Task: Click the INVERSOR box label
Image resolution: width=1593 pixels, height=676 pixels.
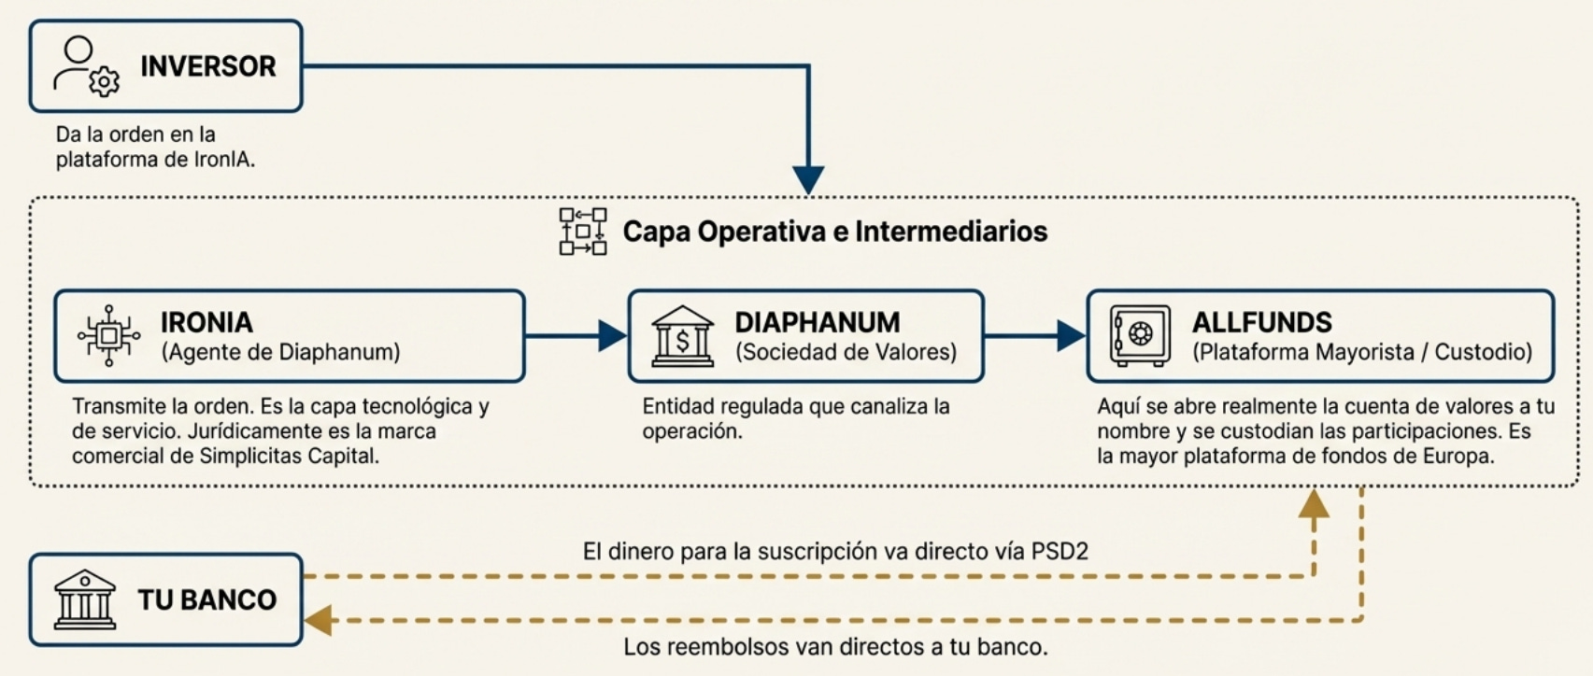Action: pyautogui.click(x=207, y=66)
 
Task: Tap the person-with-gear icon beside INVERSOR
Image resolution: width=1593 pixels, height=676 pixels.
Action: pyautogui.click(x=87, y=66)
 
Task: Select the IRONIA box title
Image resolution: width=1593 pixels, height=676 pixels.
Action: pyautogui.click(x=206, y=322)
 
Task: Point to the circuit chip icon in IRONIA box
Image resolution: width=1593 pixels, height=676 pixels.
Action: pyautogui.click(x=108, y=335)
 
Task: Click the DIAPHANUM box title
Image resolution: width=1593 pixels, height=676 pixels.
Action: pyautogui.click(x=817, y=322)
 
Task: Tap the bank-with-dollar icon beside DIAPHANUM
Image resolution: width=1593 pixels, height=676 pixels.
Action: pyautogui.click(x=682, y=335)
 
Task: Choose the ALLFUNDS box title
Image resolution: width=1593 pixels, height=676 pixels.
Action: pyautogui.click(x=1261, y=322)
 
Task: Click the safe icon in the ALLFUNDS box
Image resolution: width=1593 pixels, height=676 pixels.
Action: pyautogui.click(x=1140, y=335)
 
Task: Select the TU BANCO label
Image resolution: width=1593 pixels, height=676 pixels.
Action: pyautogui.click(x=207, y=599)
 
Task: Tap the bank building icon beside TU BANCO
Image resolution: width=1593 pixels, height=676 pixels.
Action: pyautogui.click(x=85, y=599)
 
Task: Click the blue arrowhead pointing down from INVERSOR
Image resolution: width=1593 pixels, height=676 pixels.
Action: pyautogui.click(x=808, y=179)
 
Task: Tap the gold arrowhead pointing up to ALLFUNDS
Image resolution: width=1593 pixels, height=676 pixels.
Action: pyautogui.click(x=1314, y=504)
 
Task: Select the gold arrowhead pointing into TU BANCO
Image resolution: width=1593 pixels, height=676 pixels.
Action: pyautogui.click(x=319, y=620)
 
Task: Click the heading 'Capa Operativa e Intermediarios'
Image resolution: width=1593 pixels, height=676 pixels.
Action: pyautogui.click(x=834, y=232)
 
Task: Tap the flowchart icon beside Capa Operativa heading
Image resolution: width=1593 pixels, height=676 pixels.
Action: pyautogui.click(x=583, y=232)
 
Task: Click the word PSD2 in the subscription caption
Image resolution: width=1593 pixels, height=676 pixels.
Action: pyautogui.click(x=1060, y=551)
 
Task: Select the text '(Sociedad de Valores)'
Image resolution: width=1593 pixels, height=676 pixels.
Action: pyautogui.click(x=846, y=352)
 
